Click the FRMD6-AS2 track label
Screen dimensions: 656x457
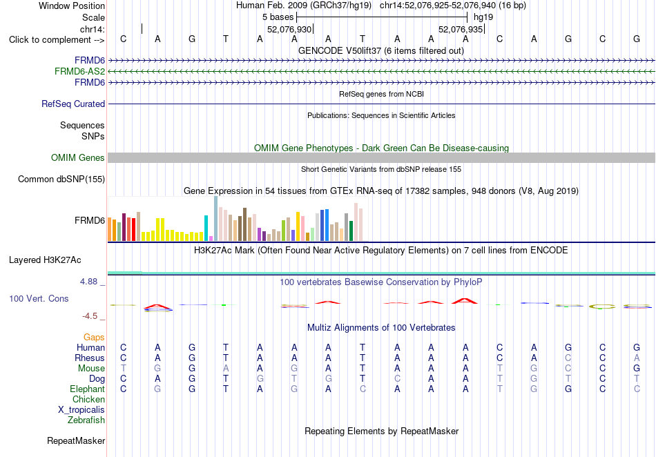(x=79, y=72)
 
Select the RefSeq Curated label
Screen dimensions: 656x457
(x=73, y=104)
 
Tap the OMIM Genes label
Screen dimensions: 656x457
(x=78, y=157)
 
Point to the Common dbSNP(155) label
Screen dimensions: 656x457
(x=61, y=179)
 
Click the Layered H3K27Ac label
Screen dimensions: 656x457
(x=45, y=260)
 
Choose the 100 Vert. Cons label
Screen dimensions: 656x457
(x=39, y=298)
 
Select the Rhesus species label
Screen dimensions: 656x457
(x=90, y=358)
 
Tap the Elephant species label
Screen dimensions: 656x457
(x=87, y=389)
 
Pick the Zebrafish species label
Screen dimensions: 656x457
(x=86, y=420)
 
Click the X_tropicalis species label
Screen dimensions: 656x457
(x=81, y=410)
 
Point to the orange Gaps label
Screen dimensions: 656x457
(x=94, y=337)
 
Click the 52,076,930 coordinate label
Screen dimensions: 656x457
(x=289, y=29)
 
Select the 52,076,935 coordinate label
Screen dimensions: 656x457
(x=461, y=29)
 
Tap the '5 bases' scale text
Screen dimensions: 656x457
(x=278, y=17)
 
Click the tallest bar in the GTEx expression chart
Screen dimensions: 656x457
(x=216, y=219)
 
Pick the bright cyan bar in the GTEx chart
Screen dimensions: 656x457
(x=206, y=228)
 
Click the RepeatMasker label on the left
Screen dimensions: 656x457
(x=76, y=440)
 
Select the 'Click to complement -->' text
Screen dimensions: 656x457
(x=57, y=40)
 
